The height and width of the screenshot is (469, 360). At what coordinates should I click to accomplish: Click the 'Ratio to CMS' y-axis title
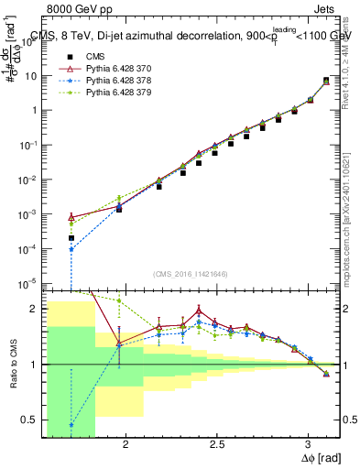pyautogui.click(x=12, y=366)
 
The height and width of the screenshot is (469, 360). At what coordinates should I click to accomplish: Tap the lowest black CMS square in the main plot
pyautogui.click(x=71, y=238)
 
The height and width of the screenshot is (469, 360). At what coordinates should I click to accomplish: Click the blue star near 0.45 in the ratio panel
pyautogui.click(x=71, y=425)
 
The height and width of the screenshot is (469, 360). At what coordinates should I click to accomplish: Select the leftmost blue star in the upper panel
pyautogui.click(x=71, y=249)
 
